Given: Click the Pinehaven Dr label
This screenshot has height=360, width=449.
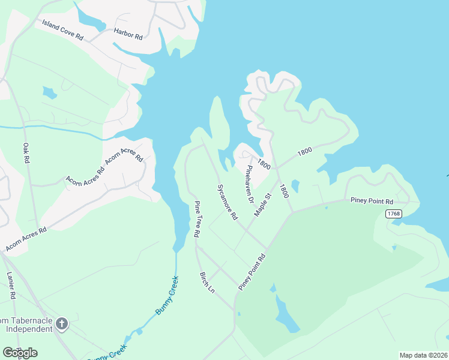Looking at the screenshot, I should pos(249,181).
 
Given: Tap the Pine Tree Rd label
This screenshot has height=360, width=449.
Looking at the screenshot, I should pos(196,219).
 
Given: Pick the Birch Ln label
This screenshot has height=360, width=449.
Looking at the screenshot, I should pos(206,282).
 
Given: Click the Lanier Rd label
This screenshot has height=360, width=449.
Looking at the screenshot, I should pos(11,285).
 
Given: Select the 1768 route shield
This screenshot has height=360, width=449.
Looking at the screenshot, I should pos(394,214).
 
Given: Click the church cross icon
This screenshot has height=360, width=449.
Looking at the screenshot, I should pos(61,325).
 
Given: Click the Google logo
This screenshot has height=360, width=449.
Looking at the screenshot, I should pos(20,352).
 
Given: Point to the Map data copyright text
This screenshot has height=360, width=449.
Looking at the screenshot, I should pos(423,355).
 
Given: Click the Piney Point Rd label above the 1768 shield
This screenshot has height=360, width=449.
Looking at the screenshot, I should pos(372,201).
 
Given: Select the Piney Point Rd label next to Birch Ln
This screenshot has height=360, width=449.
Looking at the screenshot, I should pos(252,272).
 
